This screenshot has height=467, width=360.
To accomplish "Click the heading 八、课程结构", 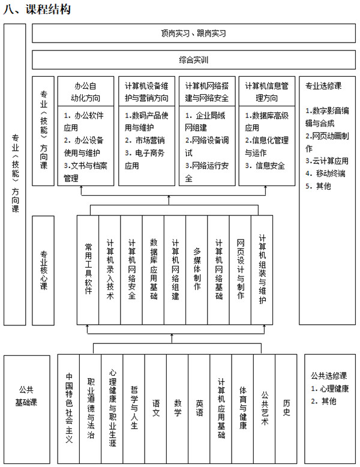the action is point(37,9).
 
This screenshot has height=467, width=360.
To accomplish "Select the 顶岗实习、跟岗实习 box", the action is point(194,33).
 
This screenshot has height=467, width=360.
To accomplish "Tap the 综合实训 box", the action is point(194,60).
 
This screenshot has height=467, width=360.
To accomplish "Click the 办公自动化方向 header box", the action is point(85,91).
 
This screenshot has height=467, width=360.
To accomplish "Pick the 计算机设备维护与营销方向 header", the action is point(146,91).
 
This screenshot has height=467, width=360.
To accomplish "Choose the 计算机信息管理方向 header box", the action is point(267,91).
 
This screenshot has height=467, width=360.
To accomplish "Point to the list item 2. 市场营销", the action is point(145,140).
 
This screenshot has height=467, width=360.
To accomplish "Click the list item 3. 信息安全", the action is point(265,166).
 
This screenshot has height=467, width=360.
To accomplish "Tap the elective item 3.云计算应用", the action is point(326,161).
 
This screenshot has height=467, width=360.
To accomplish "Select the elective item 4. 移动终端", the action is point(325,173).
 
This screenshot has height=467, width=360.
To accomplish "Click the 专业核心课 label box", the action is point(43,271).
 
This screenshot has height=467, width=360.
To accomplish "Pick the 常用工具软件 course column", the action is point(88,270).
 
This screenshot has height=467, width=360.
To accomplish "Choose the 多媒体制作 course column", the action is point(197,270).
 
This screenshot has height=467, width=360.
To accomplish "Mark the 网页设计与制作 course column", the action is point(240,270).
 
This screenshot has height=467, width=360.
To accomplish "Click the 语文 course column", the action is point(156,408).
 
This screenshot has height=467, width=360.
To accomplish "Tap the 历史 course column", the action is point(286,408).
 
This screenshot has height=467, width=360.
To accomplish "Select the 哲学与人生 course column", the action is point(134,408).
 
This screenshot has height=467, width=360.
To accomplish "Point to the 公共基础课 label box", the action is point(26,409).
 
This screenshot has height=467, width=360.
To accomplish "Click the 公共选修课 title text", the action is point(329,376).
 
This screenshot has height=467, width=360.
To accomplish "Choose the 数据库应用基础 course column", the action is point(153,270).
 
